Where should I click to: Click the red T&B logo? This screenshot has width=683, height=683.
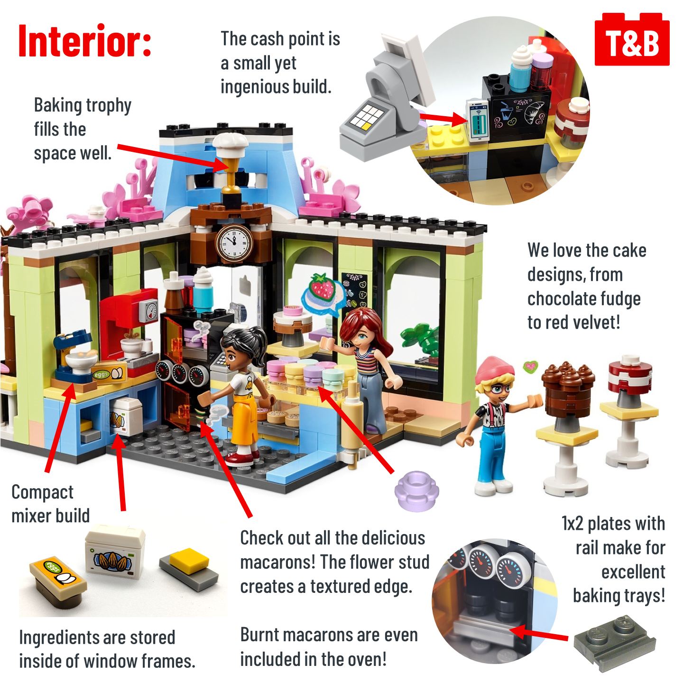tap(632, 39)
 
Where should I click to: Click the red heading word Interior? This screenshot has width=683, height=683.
tap(85, 40)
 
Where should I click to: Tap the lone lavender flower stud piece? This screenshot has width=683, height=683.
tap(416, 490)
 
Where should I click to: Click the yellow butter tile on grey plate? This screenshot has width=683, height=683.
tap(189, 566)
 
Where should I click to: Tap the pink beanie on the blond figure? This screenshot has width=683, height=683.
tap(494, 370)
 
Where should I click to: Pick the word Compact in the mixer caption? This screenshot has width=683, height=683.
tap(43, 492)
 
